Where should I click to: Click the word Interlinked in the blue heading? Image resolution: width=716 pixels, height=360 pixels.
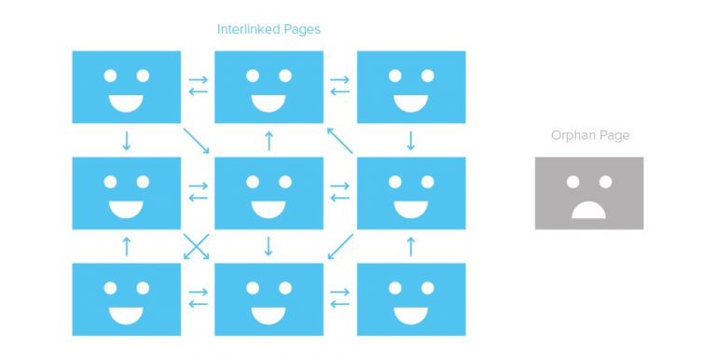click(248, 29)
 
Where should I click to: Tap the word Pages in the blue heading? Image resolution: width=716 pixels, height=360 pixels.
click(302, 30)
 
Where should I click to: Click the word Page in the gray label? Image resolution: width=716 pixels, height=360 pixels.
click(613, 136)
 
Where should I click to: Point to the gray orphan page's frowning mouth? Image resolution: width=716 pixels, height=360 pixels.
click(588, 210)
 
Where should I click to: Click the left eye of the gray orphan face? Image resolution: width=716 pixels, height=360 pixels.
click(572, 182)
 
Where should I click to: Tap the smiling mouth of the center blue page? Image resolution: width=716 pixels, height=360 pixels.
click(268, 210)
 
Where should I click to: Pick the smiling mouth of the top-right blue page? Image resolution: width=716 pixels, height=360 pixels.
click(410, 104)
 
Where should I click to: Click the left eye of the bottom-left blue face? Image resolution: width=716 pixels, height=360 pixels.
click(110, 288)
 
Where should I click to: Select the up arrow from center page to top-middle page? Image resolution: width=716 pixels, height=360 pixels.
click(268, 141)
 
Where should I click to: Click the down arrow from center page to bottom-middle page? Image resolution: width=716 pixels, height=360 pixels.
click(268, 247)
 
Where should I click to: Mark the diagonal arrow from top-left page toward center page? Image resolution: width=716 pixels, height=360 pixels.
click(197, 141)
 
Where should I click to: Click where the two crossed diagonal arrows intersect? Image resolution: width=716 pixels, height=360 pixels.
click(197, 247)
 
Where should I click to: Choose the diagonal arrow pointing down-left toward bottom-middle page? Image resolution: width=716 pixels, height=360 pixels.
click(340, 247)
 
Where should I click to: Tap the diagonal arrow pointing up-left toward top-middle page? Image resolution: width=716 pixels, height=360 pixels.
click(340, 141)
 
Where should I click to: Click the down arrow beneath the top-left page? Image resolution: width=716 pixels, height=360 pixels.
click(127, 141)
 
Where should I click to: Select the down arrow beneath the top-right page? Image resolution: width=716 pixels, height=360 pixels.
click(410, 141)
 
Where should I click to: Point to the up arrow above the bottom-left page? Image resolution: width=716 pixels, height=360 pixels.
click(127, 247)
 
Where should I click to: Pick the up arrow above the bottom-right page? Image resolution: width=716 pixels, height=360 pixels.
click(410, 247)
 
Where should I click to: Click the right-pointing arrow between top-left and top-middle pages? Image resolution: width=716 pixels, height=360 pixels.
click(199, 79)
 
